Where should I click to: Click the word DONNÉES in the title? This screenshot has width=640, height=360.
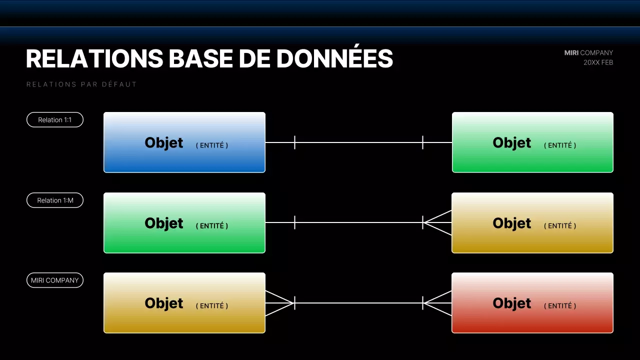(x=334, y=59)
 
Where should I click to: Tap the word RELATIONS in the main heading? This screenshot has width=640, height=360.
(x=94, y=59)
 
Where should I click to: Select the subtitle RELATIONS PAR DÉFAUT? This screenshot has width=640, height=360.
(x=81, y=84)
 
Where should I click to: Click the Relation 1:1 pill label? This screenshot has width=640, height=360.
(x=55, y=120)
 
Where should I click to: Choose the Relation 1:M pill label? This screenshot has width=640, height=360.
(x=55, y=200)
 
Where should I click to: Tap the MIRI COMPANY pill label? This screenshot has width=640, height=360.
(x=55, y=280)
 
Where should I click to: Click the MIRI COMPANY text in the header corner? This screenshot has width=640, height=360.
(x=588, y=52)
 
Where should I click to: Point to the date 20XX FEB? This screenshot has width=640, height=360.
(x=598, y=62)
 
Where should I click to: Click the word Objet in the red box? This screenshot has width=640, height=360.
(x=511, y=303)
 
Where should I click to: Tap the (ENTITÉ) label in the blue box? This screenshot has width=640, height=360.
(x=211, y=145)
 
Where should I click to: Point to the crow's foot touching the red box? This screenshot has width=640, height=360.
(x=437, y=303)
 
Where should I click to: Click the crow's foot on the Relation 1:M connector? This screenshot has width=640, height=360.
(x=437, y=222)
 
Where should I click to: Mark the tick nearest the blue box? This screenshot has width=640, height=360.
(x=294, y=142)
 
